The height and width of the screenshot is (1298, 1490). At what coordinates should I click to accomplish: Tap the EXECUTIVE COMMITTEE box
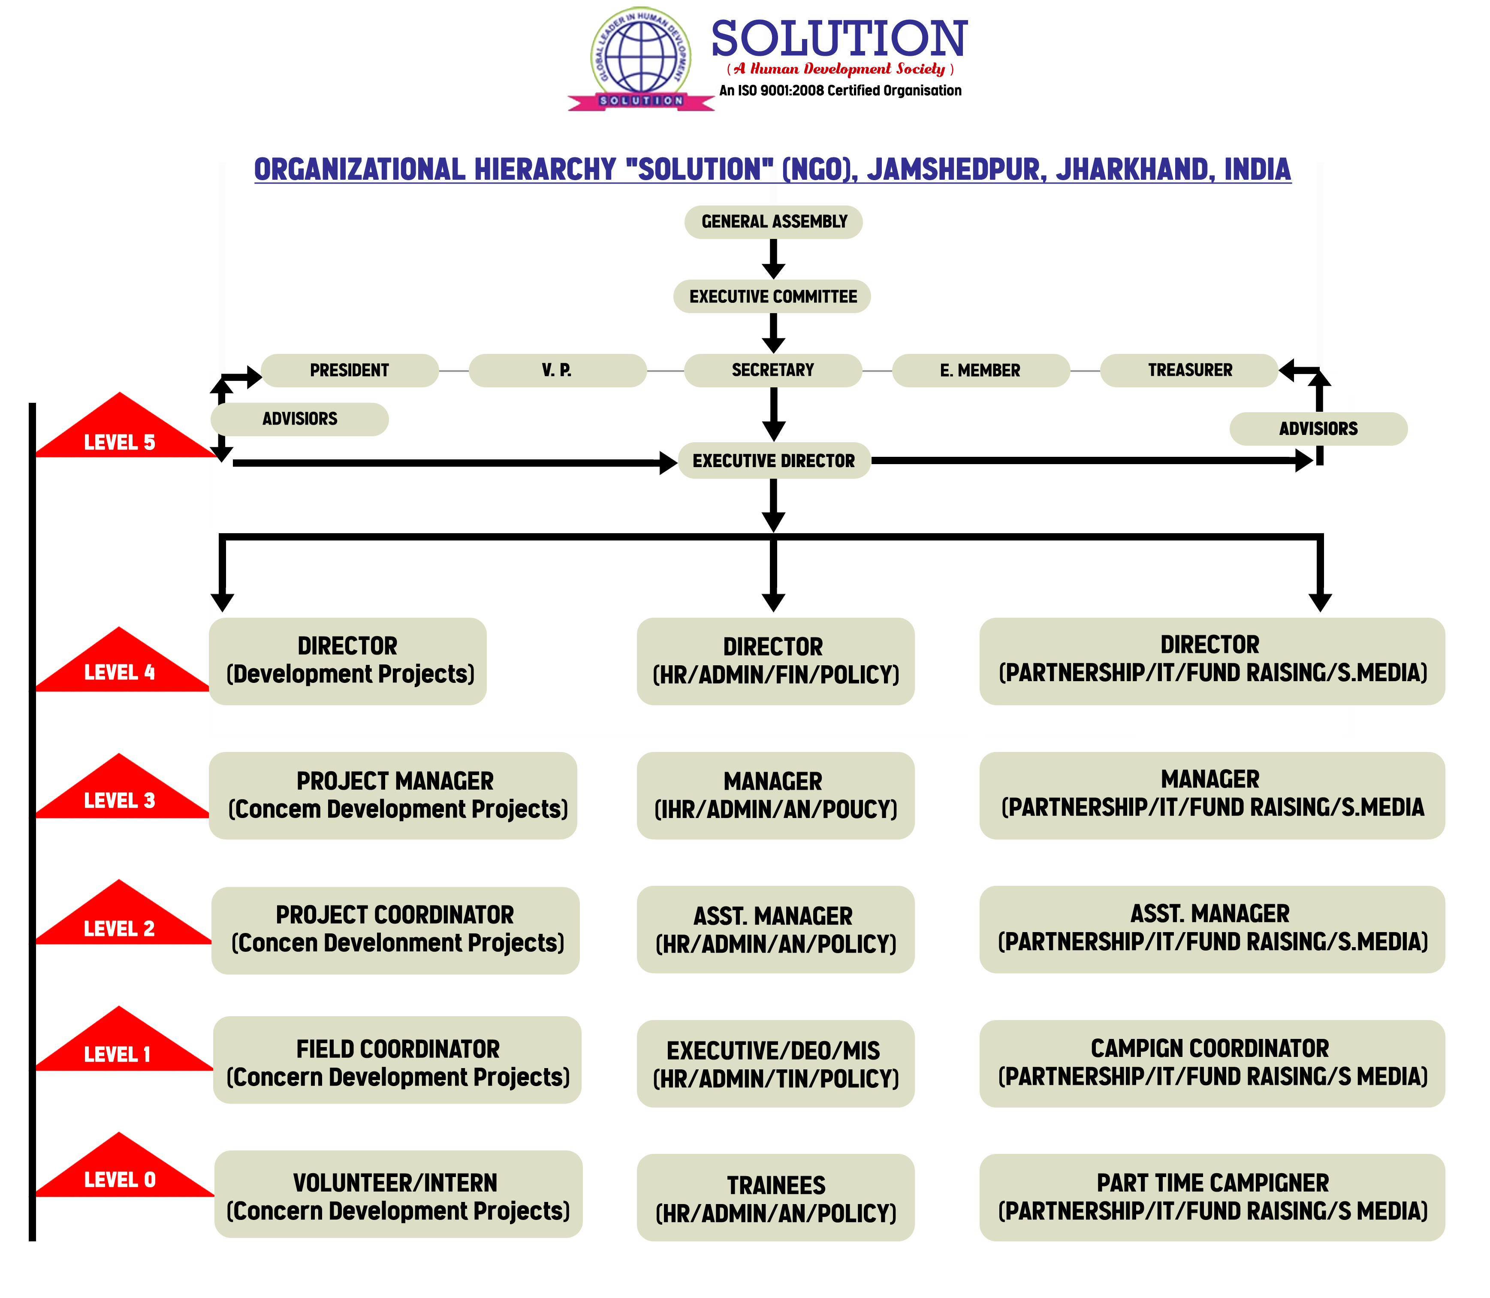[x=772, y=297]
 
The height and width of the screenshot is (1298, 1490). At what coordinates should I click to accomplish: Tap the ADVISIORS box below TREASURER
[x=1318, y=429]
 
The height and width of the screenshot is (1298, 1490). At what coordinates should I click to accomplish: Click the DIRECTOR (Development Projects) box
[x=348, y=661]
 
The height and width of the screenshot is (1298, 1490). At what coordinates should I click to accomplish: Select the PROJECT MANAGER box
[x=393, y=795]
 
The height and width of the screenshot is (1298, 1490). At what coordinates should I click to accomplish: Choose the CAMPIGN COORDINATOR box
[x=1211, y=1063]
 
